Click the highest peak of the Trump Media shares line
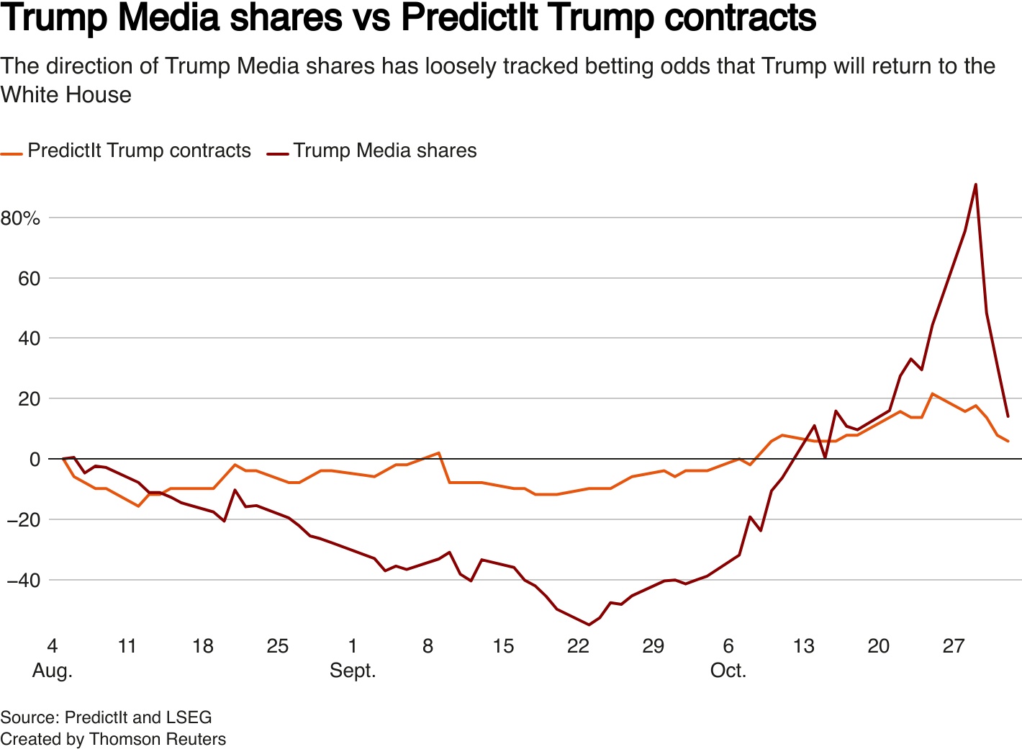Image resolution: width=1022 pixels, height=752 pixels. (x=975, y=184)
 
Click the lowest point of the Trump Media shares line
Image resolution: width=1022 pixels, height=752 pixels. (x=589, y=625)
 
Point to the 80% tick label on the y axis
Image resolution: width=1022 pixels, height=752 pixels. (x=20, y=218)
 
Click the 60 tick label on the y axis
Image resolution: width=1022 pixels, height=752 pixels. (x=29, y=278)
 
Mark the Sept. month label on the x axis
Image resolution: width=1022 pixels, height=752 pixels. (x=353, y=671)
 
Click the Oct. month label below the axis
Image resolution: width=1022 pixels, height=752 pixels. (x=728, y=671)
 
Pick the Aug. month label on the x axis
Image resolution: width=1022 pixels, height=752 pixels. (x=53, y=671)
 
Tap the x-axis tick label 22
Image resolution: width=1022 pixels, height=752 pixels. (x=578, y=645)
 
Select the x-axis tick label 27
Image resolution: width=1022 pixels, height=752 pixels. (x=954, y=645)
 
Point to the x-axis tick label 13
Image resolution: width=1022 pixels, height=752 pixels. (x=804, y=645)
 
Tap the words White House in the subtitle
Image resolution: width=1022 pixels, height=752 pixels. (x=66, y=94)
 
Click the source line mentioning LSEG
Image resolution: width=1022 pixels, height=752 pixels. (x=106, y=717)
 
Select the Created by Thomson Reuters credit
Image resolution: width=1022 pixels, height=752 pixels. (x=113, y=739)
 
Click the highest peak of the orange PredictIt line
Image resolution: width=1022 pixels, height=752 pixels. (x=933, y=393)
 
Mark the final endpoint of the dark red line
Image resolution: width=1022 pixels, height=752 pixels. (x=1008, y=416)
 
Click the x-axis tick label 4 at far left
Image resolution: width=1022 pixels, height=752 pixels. (x=52, y=645)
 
